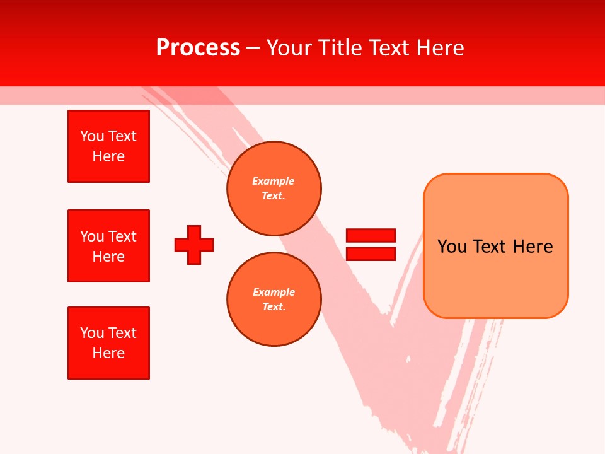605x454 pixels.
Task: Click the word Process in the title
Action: pyautogui.click(x=198, y=48)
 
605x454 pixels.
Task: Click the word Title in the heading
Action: pyautogui.click(x=340, y=48)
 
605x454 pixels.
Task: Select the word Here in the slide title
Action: pyautogui.click(x=439, y=48)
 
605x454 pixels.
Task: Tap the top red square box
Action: pyautogui.click(x=108, y=146)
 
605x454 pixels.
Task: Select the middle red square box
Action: pyautogui.click(x=108, y=246)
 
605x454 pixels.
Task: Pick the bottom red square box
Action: pyautogui.click(x=108, y=343)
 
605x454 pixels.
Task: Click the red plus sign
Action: pyautogui.click(x=194, y=245)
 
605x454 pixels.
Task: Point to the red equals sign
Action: pyautogui.click(x=371, y=245)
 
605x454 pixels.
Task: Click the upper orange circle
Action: pyautogui.click(x=274, y=189)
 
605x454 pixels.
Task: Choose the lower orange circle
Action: pyautogui.click(x=274, y=300)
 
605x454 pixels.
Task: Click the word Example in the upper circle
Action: pyautogui.click(x=274, y=181)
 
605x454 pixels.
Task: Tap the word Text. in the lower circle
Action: pyautogui.click(x=274, y=307)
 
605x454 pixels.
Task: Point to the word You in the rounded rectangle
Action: pyautogui.click(x=452, y=247)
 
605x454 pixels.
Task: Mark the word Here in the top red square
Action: pyautogui.click(x=108, y=156)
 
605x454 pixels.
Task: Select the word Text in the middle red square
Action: pyautogui.click(x=122, y=236)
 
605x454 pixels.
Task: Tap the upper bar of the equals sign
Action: pyautogui.click(x=371, y=235)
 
